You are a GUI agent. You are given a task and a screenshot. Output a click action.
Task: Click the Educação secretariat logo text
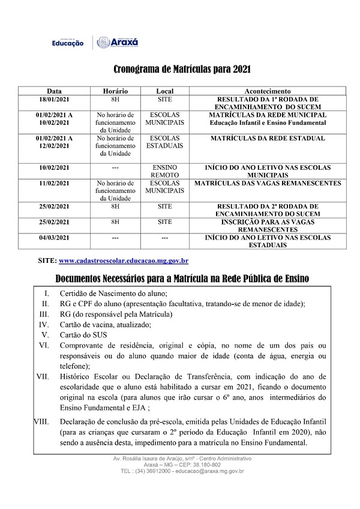point(68,43)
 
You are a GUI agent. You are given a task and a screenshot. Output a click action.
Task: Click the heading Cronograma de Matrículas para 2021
point(182,69)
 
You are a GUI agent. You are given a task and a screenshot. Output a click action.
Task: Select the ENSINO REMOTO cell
point(164,172)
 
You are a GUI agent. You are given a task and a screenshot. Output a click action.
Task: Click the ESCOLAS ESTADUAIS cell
point(164,142)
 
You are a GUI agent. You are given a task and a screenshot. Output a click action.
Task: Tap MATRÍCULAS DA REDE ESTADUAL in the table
point(268,139)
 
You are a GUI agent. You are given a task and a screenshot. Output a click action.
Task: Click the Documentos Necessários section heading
point(182,279)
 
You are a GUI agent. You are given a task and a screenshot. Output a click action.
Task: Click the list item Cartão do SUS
point(83,335)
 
